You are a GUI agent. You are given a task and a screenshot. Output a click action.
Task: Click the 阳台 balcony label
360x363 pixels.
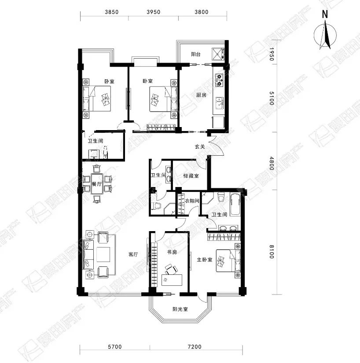(x=196, y=54)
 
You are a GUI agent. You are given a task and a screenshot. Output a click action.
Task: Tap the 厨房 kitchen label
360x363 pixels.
(x=201, y=95)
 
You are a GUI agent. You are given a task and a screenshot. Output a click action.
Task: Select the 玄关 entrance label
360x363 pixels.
(x=200, y=146)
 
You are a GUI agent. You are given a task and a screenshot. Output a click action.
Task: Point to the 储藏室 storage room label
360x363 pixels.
(x=191, y=176)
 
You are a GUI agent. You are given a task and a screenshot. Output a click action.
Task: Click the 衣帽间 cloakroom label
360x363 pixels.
(x=192, y=201)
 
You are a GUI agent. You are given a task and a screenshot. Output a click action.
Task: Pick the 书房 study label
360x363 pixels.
(x=172, y=252)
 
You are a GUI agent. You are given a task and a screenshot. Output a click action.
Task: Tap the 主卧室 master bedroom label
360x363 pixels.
(x=205, y=260)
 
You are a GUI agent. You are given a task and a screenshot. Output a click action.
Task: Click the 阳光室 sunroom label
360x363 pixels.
(x=180, y=309)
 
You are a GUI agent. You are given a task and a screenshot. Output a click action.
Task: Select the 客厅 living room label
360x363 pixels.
(x=133, y=254)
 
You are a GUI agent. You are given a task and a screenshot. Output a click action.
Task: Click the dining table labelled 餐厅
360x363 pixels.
(x=97, y=184)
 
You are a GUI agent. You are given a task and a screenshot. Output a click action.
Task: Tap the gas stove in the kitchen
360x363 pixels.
(x=220, y=80)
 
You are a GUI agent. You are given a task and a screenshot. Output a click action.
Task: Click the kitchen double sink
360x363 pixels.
(x=219, y=103)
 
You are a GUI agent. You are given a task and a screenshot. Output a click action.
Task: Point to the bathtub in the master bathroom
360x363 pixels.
(x=235, y=205)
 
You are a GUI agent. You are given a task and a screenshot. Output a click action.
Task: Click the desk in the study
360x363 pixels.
(x=172, y=280)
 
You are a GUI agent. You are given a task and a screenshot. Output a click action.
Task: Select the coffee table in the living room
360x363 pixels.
(x=103, y=254)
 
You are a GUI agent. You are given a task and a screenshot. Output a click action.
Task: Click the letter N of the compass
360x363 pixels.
(x=325, y=15)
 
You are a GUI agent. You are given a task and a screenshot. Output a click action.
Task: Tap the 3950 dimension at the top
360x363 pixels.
(x=154, y=12)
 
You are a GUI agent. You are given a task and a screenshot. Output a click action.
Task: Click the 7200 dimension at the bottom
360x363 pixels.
(x=195, y=347)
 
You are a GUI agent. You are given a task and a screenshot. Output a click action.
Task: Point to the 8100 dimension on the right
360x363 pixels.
(x=272, y=252)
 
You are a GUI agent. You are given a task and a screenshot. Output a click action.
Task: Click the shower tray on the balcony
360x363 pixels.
(x=218, y=54)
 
